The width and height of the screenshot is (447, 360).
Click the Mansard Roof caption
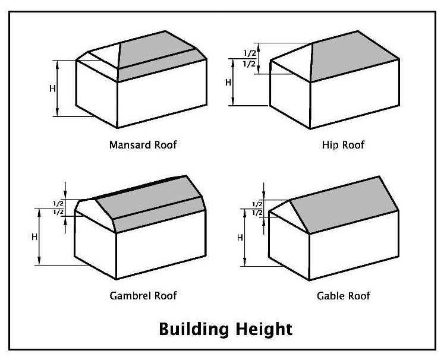point(143,144)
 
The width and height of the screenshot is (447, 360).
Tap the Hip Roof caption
point(342,144)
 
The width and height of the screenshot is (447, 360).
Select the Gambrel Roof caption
point(143,295)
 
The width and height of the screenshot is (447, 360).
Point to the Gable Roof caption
point(344,295)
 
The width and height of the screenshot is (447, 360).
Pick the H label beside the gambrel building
point(34,236)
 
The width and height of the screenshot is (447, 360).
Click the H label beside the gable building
point(240,237)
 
